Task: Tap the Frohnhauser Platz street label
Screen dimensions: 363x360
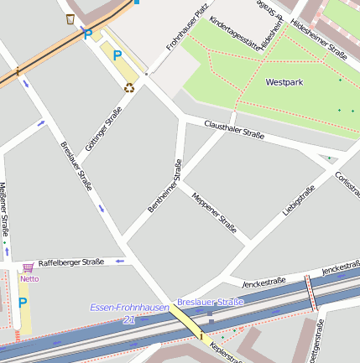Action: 186,29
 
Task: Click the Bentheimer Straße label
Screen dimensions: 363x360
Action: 164,186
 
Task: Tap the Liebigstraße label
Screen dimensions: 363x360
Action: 299,201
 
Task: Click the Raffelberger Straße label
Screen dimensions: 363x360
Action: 71,262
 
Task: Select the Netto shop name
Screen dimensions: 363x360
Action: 29,278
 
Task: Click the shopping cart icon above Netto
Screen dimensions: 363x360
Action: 29,267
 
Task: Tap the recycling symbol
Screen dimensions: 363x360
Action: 129,86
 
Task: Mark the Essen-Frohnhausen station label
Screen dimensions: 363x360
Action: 129,308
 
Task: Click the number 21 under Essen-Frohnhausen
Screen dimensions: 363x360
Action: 128,319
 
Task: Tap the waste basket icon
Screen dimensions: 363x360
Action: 70,18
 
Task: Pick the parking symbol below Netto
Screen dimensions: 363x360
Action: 23,303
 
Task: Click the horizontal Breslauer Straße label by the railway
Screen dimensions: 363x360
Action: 210,302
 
